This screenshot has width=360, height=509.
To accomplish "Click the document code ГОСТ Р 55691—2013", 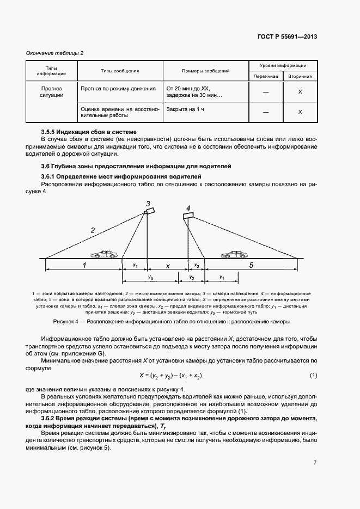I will pyautogui.click(x=286, y=37).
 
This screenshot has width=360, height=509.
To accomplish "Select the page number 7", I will pyautogui.click(x=315, y=462).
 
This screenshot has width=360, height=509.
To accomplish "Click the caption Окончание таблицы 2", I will pyautogui.click(x=54, y=53).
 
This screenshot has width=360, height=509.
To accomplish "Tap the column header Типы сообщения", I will pyautogui.click(x=120, y=71).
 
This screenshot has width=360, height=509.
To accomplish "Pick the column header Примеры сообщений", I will pyautogui.click(x=205, y=71).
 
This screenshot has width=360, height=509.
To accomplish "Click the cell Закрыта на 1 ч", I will pyautogui.click(x=186, y=109).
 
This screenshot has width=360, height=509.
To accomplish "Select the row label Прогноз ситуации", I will pyautogui.click(x=52, y=91).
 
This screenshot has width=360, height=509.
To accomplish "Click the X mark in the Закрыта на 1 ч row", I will pyautogui.click(x=300, y=112).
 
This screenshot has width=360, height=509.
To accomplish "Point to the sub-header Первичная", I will pyautogui.click(x=266, y=76).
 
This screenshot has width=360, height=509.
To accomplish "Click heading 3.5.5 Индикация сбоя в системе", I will pyautogui.click(x=89, y=132).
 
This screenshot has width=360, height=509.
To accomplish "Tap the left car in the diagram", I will pyautogui.click(x=103, y=254).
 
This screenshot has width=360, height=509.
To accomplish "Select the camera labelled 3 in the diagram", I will pyautogui.click(x=149, y=211).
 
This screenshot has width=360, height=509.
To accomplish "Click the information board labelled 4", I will pyautogui.click(x=188, y=216).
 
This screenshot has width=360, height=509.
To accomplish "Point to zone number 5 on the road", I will pyautogui.click(x=251, y=265).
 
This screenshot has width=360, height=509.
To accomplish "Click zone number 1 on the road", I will pyautogui.click(x=84, y=265).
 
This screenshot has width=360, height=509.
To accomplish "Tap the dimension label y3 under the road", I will pyautogui.click(x=150, y=278).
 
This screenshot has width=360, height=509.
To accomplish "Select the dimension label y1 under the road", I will pyautogui.click(x=221, y=277).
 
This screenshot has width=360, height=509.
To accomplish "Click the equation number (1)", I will pyautogui.click(x=313, y=376).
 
